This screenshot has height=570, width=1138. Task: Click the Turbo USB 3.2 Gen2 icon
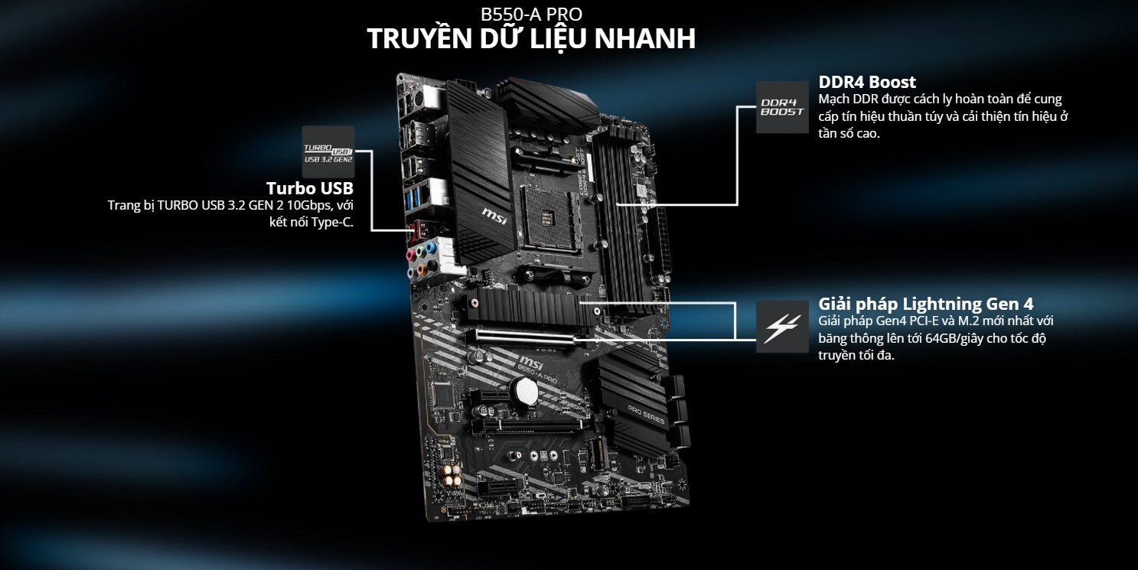(x=328, y=151)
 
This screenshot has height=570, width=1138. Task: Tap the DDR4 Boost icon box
(x=782, y=107)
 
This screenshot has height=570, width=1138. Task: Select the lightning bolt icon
(x=782, y=326)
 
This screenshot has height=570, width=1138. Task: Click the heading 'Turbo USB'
(x=309, y=188)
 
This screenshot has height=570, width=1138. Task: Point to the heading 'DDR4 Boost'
(x=867, y=82)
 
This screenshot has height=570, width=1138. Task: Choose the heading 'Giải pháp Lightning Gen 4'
(x=926, y=303)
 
